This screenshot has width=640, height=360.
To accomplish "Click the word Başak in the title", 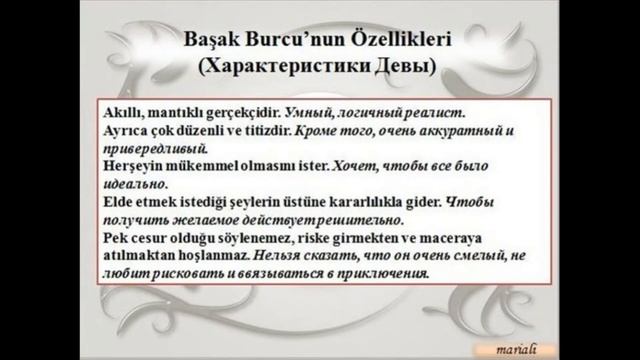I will click(x=215, y=43).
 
